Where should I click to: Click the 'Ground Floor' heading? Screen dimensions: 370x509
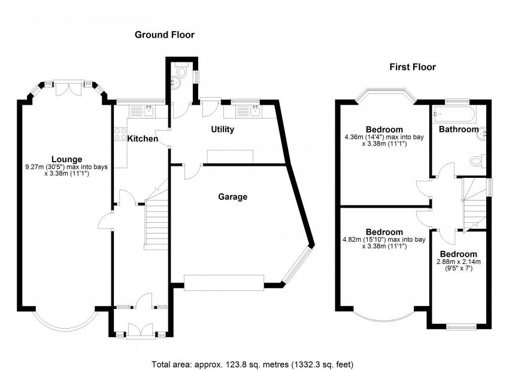[164, 35]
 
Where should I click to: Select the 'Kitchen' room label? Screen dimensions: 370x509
[143, 139]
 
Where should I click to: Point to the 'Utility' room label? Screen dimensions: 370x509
[222, 129]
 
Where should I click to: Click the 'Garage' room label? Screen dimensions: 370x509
[232, 196]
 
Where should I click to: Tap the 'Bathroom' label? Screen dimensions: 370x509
[459, 129]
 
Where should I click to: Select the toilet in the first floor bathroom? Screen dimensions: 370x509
[477, 161]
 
